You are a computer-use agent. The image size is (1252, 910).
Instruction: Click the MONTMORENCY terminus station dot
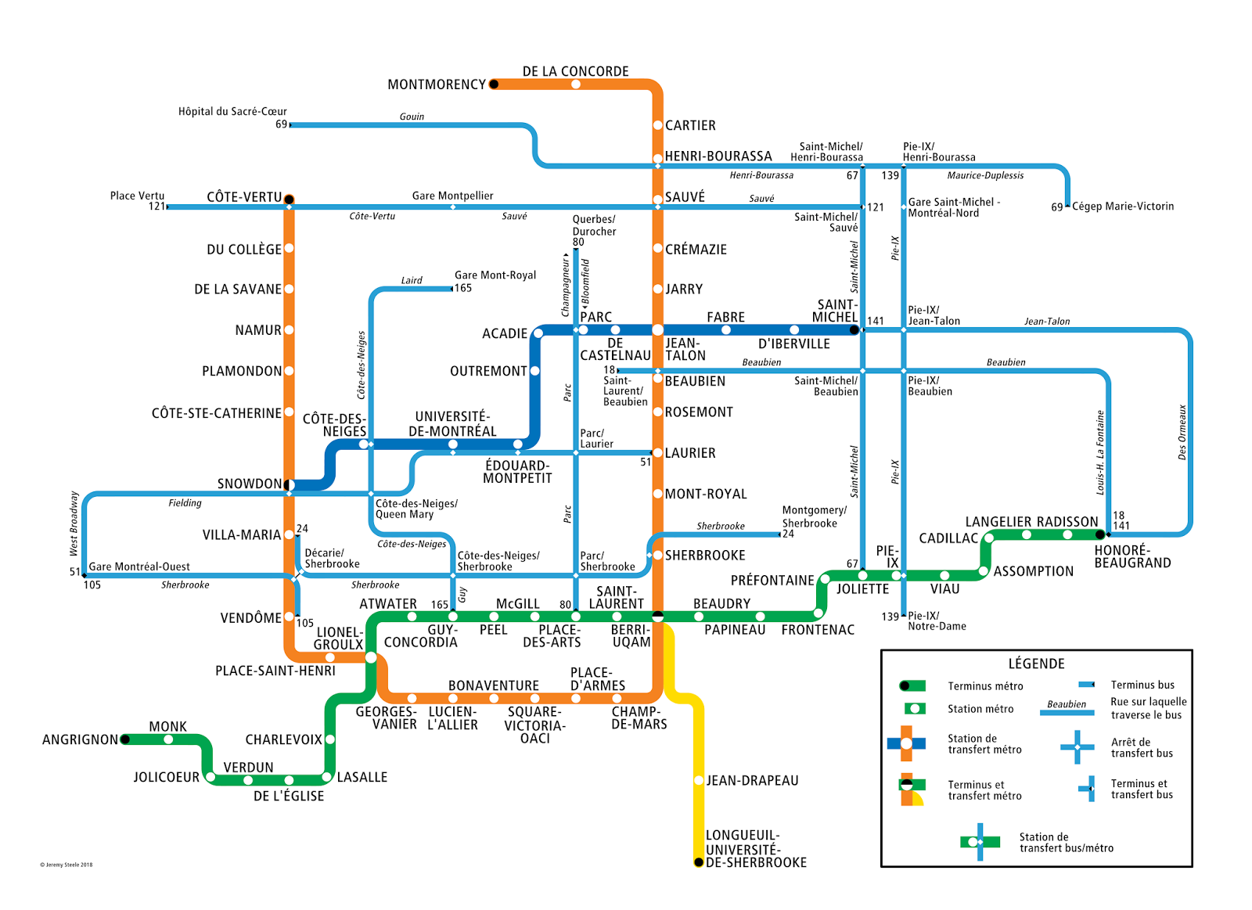pos(494,84)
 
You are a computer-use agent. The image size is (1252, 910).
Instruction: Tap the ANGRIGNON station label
pos(80,739)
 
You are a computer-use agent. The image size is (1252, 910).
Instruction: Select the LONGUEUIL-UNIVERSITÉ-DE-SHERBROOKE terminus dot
pos(698,862)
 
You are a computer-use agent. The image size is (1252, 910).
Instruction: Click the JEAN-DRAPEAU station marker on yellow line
pos(698,780)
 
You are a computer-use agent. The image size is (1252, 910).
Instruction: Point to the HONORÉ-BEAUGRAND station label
pos(1132,556)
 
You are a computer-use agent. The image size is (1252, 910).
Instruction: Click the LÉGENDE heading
pos(1036,664)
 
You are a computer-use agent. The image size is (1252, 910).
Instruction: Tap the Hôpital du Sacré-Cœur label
pos(232,111)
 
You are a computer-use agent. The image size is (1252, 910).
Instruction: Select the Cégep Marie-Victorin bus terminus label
pos(1123,207)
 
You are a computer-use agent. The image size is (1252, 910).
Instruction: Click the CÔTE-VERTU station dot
pos(289,200)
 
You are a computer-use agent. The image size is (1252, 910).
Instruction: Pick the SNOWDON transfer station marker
pos(289,485)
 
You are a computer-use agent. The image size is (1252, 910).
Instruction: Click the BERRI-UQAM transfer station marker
pos(657,617)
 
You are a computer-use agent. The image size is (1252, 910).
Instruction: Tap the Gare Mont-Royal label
pos(495,275)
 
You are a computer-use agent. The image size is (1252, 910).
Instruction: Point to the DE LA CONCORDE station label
pos(575,71)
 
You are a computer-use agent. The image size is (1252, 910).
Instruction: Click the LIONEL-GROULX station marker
pos(371,658)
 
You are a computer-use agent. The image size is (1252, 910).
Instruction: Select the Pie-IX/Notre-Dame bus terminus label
pos(937,620)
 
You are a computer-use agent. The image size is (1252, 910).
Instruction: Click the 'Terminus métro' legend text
pos(985,686)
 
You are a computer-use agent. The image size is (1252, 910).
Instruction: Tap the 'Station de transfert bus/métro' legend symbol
pos(979,842)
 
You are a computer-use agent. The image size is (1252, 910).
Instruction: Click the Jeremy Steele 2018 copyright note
pos(67,865)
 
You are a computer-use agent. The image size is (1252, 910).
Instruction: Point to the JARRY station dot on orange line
pos(657,289)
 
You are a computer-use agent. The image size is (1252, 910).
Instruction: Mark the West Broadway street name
pos(74,523)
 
